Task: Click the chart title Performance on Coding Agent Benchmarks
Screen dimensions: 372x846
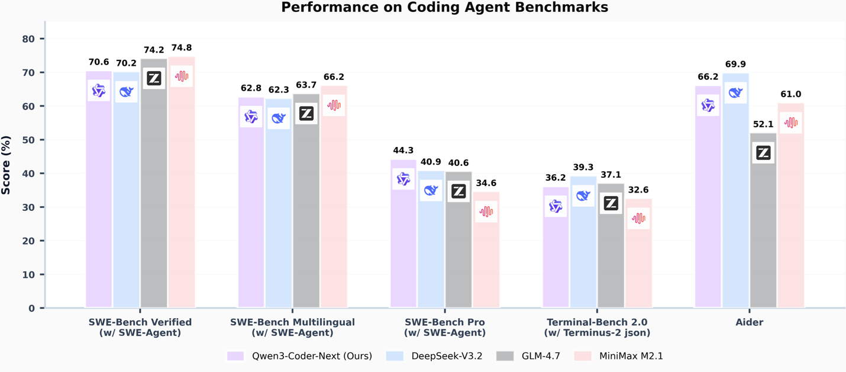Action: (444, 8)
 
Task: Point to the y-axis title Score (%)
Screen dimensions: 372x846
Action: (7, 165)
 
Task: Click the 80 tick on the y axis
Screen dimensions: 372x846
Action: (29, 39)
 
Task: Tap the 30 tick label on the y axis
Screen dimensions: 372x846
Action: (29, 207)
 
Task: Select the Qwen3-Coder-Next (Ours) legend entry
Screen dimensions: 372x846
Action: (299, 356)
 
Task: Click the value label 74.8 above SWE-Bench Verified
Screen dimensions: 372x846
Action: (181, 48)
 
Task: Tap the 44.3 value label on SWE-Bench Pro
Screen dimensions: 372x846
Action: (403, 151)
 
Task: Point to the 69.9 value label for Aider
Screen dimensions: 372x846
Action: (735, 65)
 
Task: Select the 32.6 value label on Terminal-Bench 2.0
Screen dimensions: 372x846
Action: (638, 190)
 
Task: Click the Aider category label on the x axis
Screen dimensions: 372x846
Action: (750, 323)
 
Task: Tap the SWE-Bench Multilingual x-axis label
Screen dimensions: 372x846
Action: (292, 328)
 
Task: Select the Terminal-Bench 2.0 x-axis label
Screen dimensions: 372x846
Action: (596, 328)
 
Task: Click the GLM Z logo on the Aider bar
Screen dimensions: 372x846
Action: (763, 153)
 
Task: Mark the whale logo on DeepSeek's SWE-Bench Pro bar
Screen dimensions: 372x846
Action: (431, 190)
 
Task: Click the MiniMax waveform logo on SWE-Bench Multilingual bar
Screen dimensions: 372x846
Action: (334, 105)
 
